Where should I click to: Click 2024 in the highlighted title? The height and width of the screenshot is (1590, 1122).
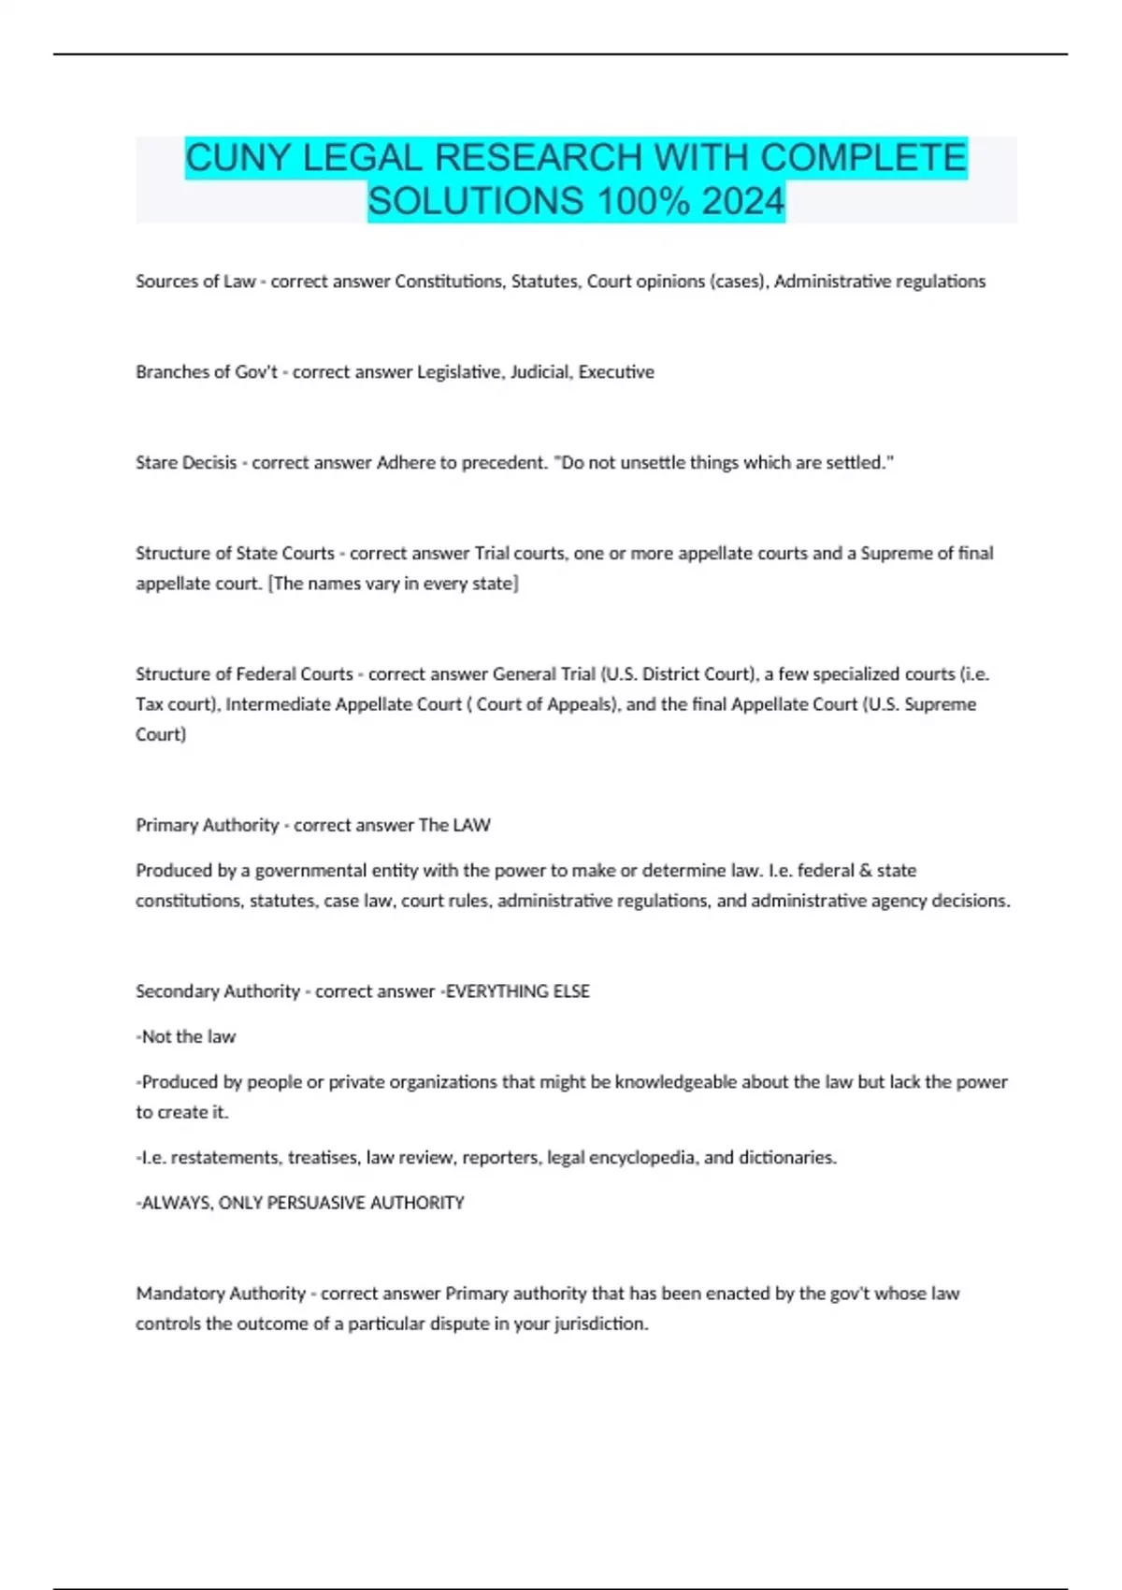[x=743, y=201]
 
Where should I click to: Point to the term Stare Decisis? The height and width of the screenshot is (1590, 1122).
[x=186, y=463]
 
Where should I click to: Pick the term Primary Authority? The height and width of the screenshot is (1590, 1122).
[x=208, y=825]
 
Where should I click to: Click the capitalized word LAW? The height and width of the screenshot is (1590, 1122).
[x=471, y=825]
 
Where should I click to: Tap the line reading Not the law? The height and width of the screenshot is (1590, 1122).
[x=188, y=1036]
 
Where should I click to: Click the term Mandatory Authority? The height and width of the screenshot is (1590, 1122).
[x=221, y=1294]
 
